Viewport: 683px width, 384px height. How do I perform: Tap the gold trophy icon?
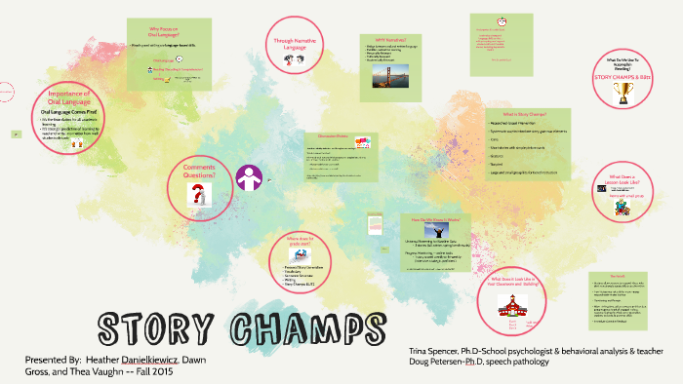tap(623, 93)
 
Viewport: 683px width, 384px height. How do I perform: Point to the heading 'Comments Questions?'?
tap(198, 170)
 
